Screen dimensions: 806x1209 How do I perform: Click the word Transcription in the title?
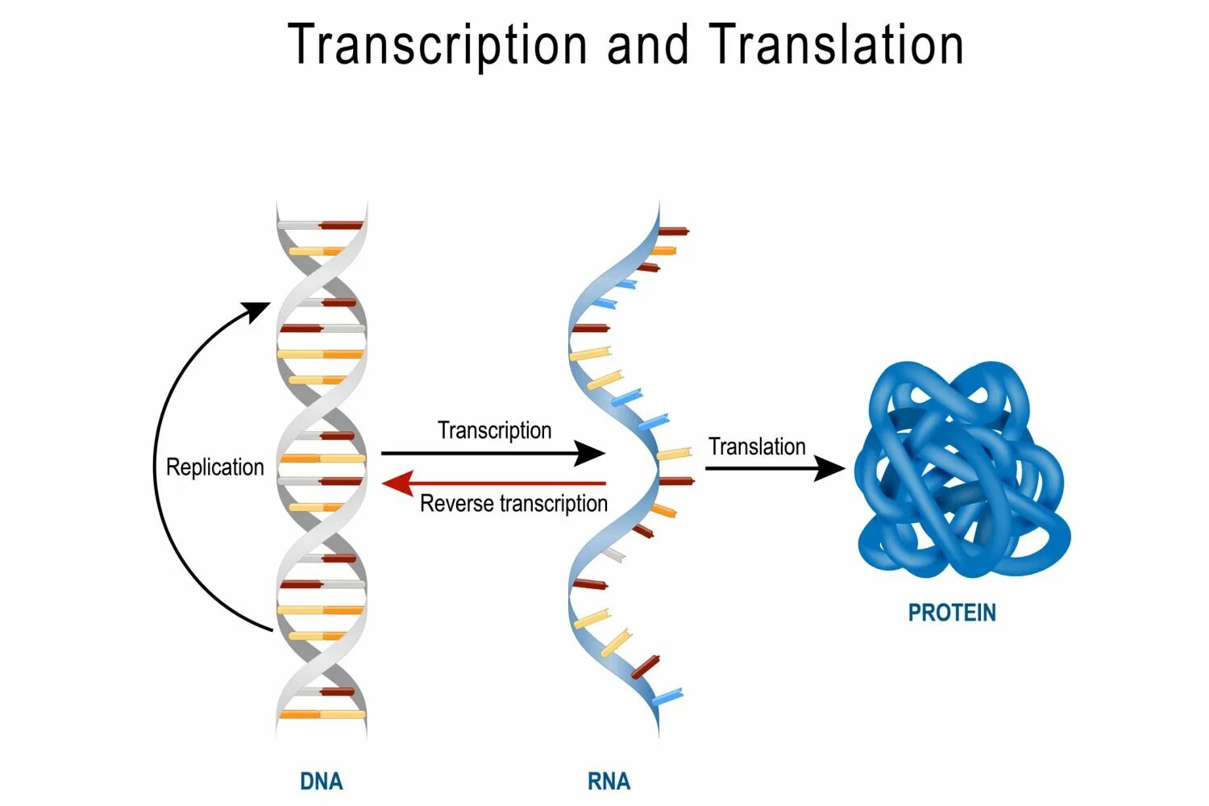tap(438, 45)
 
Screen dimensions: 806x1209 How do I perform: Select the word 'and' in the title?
tap(648, 45)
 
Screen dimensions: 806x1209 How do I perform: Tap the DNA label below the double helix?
tap(321, 781)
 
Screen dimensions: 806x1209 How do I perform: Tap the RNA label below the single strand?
tap(609, 781)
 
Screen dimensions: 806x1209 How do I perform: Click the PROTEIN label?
tap(952, 613)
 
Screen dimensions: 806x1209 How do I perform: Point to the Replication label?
tap(214, 467)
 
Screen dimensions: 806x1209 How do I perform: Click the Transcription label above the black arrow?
tap(494, 430)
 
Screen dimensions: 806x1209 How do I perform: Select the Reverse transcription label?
tap(513, 504)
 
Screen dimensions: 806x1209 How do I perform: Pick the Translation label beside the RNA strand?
tap(757, 447)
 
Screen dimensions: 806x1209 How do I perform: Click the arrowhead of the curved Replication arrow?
tap(260, 310)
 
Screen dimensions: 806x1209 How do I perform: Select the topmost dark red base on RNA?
tap(674, 231)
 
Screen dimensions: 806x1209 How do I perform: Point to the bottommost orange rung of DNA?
tap(321, 714)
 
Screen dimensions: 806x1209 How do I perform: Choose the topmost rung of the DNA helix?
tap(321, 226)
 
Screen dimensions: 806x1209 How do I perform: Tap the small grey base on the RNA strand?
tap(613, 555)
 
